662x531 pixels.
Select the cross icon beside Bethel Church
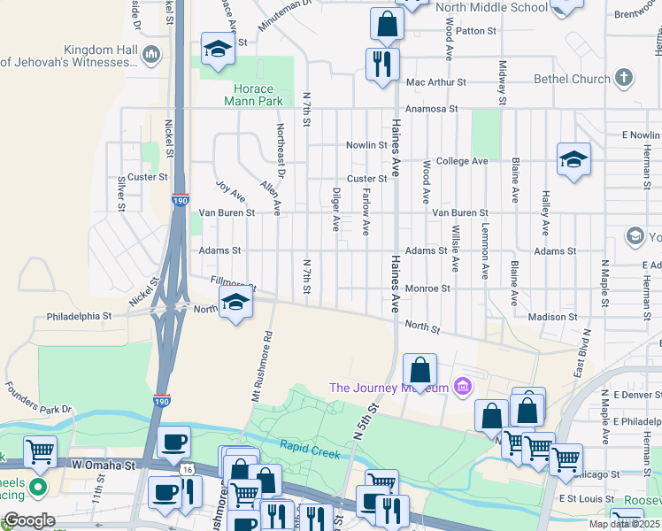pyautogui.click(x=624, y=79)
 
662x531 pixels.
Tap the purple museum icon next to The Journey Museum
pyautogui.click(x=461, y=387)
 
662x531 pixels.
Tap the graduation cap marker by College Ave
pyautogui.click(x=573, y=159)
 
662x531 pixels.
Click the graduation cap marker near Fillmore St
pyautogui.click(x=235, y=303)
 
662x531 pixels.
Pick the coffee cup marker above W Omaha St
pyautogui.click(x=173, y=441)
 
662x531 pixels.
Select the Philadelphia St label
pyautogui.click(x=80, y=315)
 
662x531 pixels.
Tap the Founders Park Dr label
pyautogui.click(x=37, y=397)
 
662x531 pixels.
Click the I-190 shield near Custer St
pyautogui.click(x=181, y=200)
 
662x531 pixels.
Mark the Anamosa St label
pyautogui.click(x=431, y=109)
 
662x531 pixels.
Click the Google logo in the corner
pyautogui.click(x=29, y=520)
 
